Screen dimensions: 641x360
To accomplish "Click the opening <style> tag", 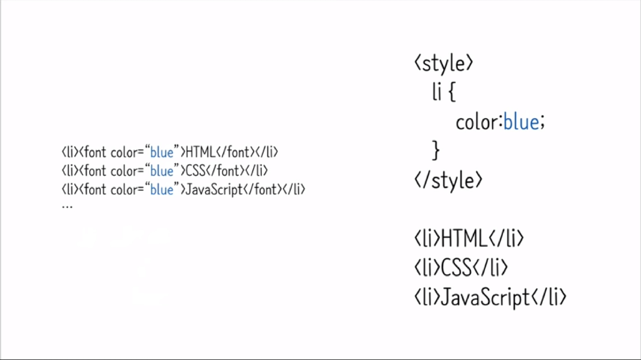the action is tap(443, 63).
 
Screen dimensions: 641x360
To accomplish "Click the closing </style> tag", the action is tap(449, 180).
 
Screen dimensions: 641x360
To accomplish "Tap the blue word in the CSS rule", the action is tap(521, 122).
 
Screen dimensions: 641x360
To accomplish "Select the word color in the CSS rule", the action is tap(476, 122).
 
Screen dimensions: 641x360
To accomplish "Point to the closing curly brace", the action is tap(436, 151).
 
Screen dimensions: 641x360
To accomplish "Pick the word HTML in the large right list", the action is tap(464, 238).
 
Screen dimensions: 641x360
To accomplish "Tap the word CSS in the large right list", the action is tap(456, 267).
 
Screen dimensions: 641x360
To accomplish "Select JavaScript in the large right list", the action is tap(485, 297).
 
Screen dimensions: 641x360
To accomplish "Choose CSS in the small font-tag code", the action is tap(196, 171).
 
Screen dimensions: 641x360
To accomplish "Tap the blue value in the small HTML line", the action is tap(161, 153).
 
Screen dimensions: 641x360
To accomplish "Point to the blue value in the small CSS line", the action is tap(161, 171).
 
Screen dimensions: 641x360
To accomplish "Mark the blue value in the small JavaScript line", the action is tap(161, 190).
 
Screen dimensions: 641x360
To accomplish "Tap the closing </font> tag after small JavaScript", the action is tap(262, 190).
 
